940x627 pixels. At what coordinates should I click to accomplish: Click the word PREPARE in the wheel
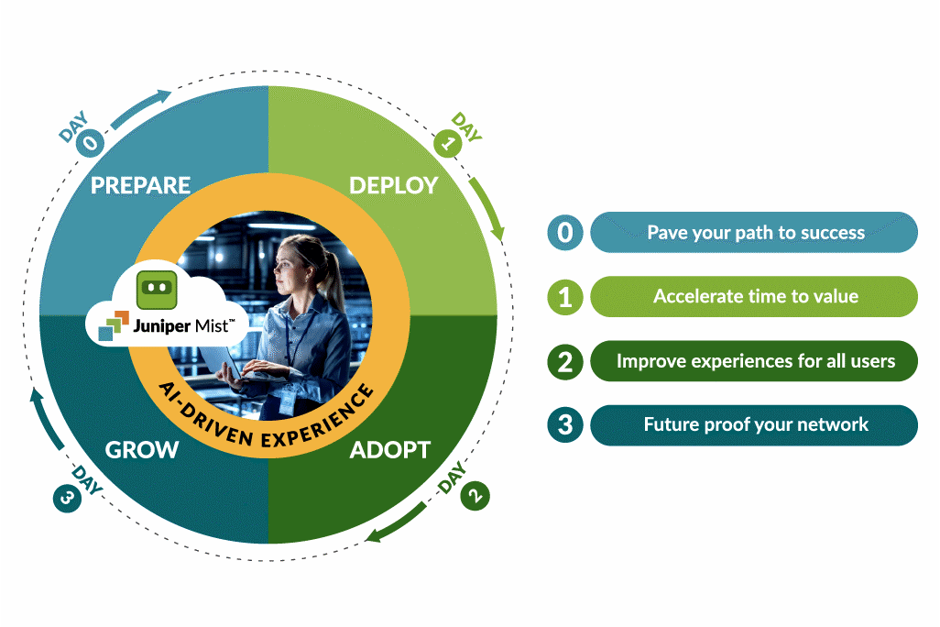tap(140, 185)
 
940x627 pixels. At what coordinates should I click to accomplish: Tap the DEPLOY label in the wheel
tap(393, 185)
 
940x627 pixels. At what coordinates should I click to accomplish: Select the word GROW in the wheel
tap(141, 450)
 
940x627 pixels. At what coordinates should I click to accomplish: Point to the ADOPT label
tap(389, 450)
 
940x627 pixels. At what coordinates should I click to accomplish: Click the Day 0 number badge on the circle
tap(92, 143)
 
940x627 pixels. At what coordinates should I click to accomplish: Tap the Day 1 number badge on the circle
tap(446, 143)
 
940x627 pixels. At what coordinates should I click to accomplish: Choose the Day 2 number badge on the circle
tap(475, 496)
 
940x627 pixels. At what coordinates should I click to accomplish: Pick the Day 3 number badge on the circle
tap(65, 498)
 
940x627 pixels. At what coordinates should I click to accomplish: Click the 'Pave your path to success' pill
tap(754, 233)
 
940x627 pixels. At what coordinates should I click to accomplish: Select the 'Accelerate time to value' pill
tap(754, 297)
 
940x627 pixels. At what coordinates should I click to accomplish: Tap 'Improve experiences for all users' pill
tap(754, 361)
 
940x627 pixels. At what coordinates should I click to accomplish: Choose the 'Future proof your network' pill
tap(754, 425)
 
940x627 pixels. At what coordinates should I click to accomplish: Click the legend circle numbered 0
tap(565, 233)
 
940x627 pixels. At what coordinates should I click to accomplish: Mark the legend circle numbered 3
tap(565, 425)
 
